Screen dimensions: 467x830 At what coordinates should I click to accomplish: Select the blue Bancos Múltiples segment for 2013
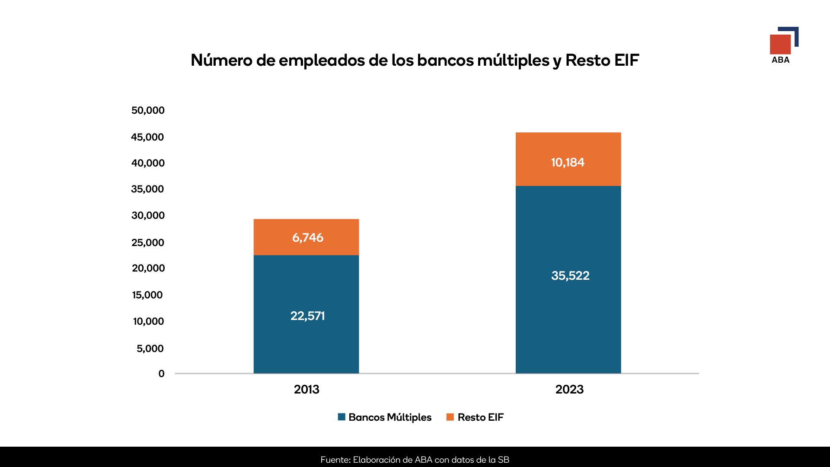306,342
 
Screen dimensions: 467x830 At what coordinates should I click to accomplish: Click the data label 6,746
307,237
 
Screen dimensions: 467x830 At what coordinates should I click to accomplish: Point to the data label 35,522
570,275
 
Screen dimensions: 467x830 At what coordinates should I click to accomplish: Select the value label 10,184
568,163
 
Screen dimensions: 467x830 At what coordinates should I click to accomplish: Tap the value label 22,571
307,316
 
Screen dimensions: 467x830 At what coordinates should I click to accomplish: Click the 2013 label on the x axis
306,389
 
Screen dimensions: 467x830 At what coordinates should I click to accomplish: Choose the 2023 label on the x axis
569,389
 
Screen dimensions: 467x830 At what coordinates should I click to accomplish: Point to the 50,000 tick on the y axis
148,110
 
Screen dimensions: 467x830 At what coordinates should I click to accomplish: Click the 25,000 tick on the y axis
148,243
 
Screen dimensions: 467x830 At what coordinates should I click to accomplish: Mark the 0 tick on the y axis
161,374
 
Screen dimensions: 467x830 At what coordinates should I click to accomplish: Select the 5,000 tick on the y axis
150,349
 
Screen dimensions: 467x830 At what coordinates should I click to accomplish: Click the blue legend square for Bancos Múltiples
342,417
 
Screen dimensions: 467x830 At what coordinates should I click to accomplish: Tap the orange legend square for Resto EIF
450,417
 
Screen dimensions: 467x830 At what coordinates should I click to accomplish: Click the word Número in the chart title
221,60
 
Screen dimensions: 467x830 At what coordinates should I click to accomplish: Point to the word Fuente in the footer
335,460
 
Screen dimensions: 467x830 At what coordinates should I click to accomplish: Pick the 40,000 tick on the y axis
148,163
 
